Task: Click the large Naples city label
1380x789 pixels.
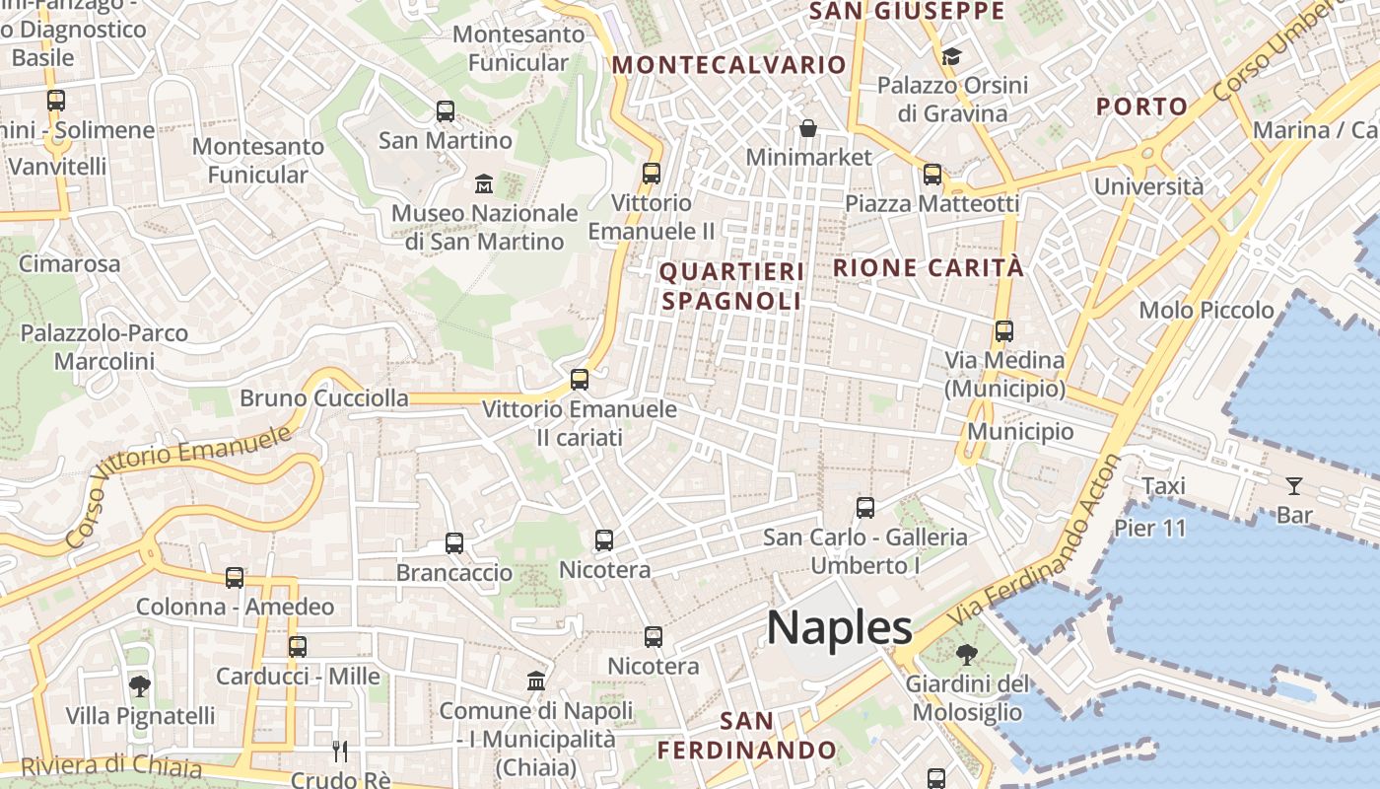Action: (x=840, y=628)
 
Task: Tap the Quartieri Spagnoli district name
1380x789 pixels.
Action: (x=731, y=286)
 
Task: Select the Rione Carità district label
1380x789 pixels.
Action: (x=929, y=267)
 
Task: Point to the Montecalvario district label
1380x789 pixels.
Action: (x=728, y=65)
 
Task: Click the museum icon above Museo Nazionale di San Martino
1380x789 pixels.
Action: (x=484, y=184)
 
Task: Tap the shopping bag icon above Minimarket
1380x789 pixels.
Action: (x=808, y=128)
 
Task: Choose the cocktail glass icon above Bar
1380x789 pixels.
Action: (x=1293, y=485)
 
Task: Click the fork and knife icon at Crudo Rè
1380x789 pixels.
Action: (x=340, y=752)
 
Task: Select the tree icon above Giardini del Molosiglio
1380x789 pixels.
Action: (x=967, y=654)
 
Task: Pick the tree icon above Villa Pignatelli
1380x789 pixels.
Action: (x=140, y=685)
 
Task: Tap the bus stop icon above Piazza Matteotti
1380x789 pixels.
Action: (x=931, y=175)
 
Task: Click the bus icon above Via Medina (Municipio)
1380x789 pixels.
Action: (x=1003, y=331)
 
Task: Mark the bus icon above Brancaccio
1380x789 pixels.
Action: (x=453, y=543)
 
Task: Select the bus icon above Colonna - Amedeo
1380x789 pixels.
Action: (x=234, y=578)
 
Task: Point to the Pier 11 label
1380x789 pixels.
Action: (x=1150, y=528)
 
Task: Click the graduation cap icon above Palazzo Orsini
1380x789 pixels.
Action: (x=951, y=57)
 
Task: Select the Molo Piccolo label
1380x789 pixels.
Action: (x=1207, y=311)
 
